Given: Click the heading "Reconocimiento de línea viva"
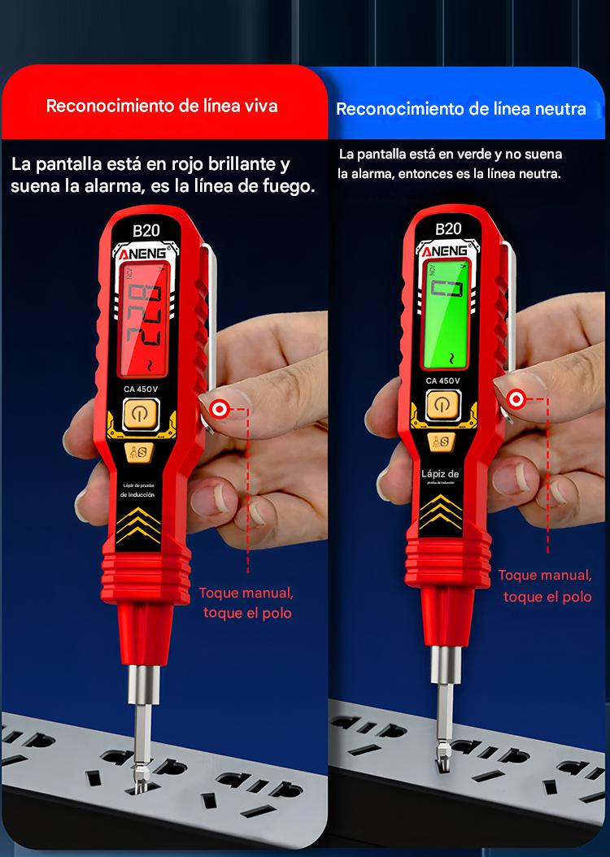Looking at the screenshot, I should (162, 107).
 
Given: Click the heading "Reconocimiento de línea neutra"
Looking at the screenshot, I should (460, 109).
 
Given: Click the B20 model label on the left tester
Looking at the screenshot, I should (146, 230).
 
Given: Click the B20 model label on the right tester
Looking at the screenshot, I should (448, 228).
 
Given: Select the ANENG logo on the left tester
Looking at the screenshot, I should (144, 252).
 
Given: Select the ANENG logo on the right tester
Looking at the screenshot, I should (444, 249).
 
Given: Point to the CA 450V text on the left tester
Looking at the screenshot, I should (145, 389).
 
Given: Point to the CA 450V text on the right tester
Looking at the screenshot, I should (442, 380).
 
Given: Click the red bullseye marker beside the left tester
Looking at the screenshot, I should (219, 408).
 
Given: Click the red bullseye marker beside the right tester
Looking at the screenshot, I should (515, 398).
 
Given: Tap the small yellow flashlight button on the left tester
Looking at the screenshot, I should (136, 454).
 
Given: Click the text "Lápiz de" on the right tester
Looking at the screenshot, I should (440, 474).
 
